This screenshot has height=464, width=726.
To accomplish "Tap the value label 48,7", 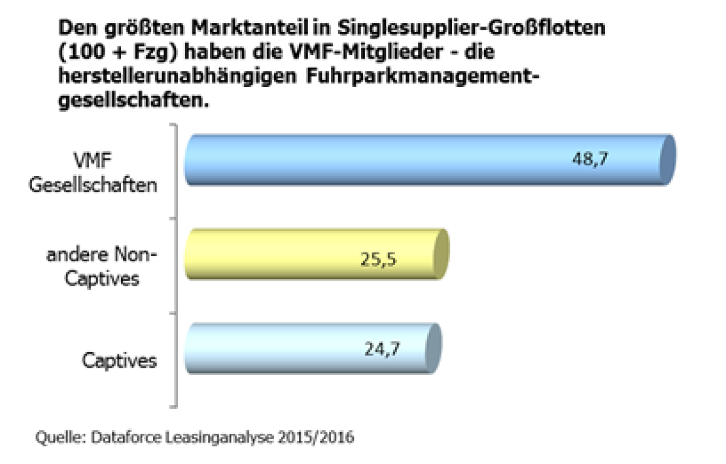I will (x=590, y=160).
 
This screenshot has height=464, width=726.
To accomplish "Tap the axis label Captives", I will (x=120, y=362).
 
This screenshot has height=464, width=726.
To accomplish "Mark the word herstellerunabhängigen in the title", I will (x=172, y=77).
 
